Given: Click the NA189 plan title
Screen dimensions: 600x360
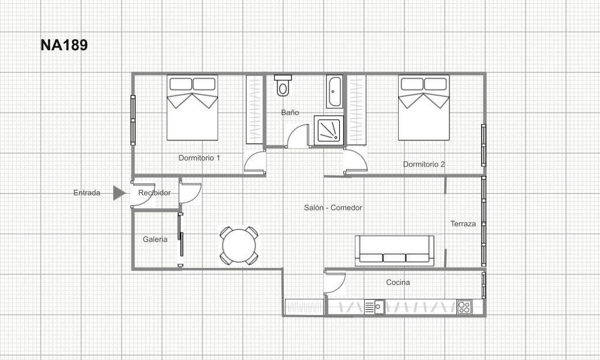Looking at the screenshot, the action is point(64,45).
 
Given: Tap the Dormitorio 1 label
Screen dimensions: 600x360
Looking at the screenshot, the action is point(200,157).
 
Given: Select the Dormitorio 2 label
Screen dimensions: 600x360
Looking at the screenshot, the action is point(424,164).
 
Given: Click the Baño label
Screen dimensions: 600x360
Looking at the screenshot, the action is point(290,112).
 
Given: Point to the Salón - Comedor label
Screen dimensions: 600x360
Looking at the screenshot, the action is point(333,208).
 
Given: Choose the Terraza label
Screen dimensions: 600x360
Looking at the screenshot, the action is point(463,224).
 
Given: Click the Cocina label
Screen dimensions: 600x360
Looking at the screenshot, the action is point(398,282).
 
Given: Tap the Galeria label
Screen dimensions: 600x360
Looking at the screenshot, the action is point(155,239).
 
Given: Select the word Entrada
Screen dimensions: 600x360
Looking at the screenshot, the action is point(87,193).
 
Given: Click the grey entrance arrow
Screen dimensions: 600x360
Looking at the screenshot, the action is point(119,193).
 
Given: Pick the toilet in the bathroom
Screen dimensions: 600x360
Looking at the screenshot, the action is point(283,85).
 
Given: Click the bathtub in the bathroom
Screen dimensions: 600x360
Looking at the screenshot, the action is point(335,91).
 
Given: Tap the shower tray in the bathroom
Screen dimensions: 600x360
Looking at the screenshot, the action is point(328,130).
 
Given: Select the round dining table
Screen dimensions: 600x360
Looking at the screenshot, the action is point(239,246).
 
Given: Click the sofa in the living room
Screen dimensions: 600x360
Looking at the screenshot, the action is point(395,250).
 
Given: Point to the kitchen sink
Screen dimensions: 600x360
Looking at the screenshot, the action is point(374,307).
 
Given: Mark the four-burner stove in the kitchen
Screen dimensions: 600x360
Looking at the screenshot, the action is point(464,307).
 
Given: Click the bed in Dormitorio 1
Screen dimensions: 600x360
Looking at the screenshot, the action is point(193,107).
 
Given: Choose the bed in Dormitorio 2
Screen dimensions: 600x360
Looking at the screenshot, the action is point(423,107).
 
